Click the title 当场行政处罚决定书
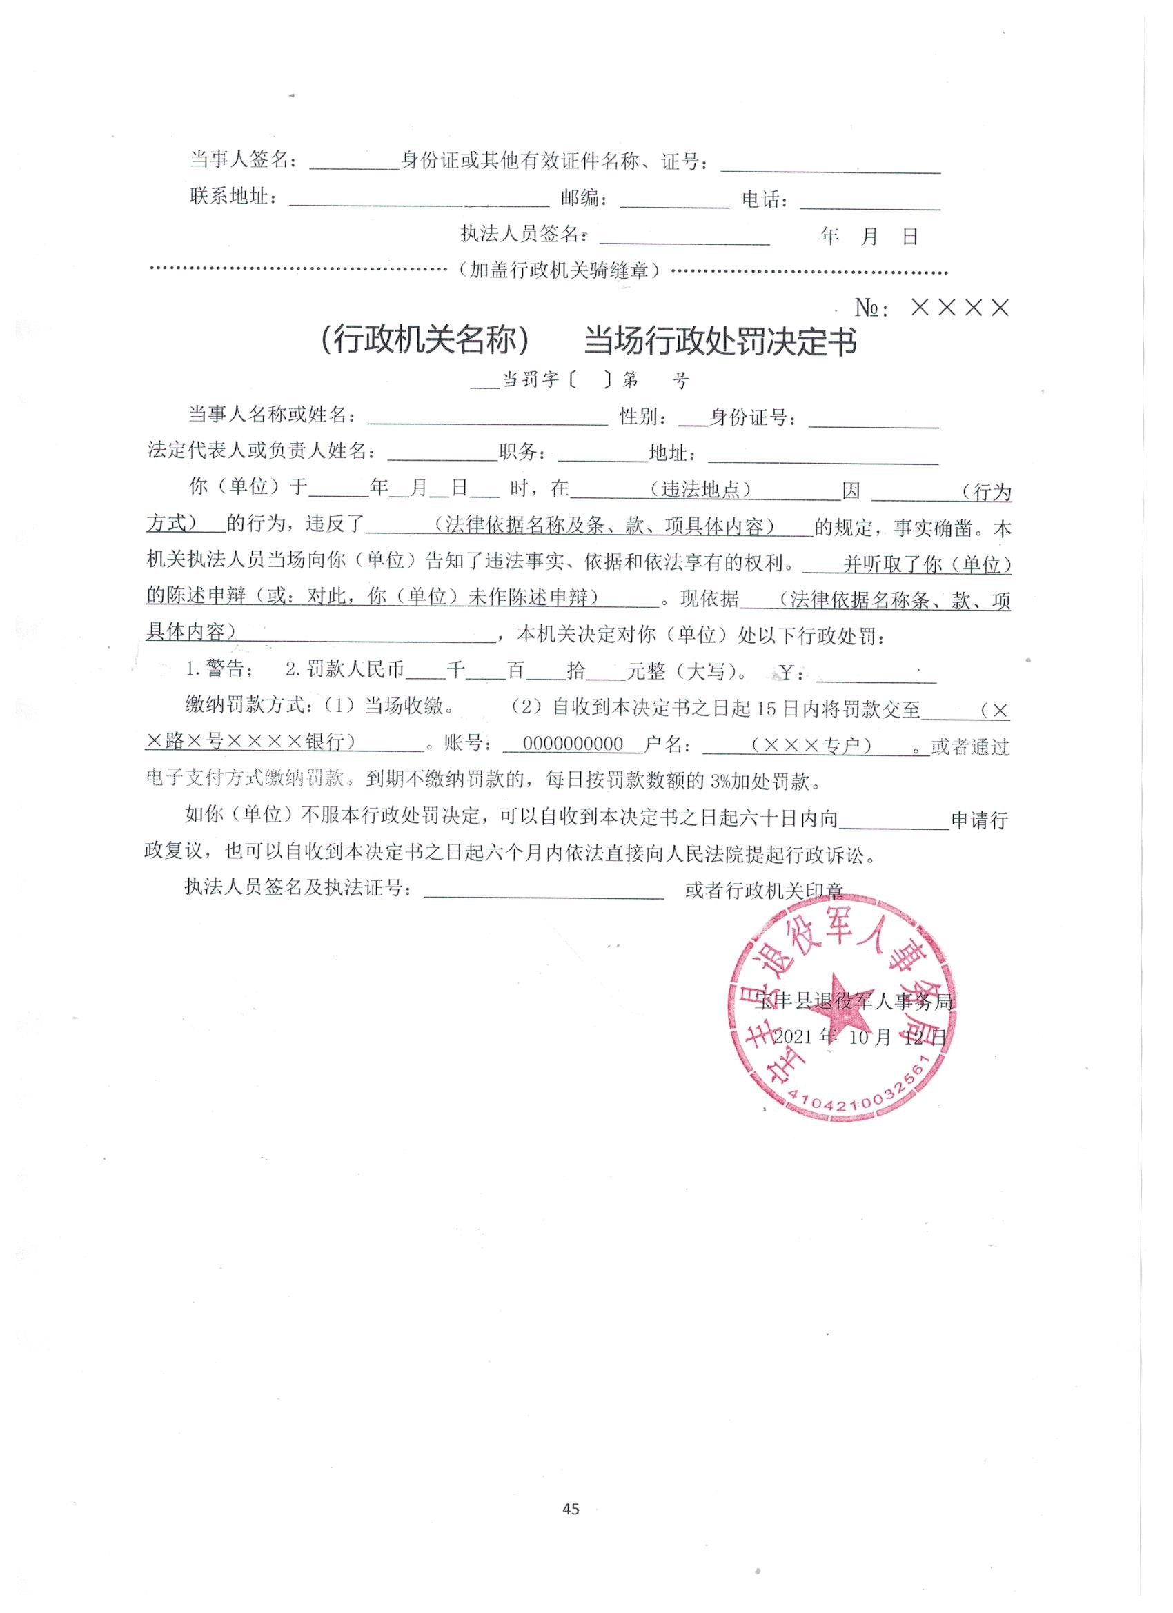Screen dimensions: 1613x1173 [719, 342]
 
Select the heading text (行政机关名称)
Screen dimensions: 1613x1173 [425, 342]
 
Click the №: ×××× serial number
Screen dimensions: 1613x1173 [932, 308]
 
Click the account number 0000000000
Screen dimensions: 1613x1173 [573, 744]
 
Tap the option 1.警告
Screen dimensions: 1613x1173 [215, 670]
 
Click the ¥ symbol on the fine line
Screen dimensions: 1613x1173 [787, 671]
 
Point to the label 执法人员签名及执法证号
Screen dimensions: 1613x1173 [297, 889]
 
